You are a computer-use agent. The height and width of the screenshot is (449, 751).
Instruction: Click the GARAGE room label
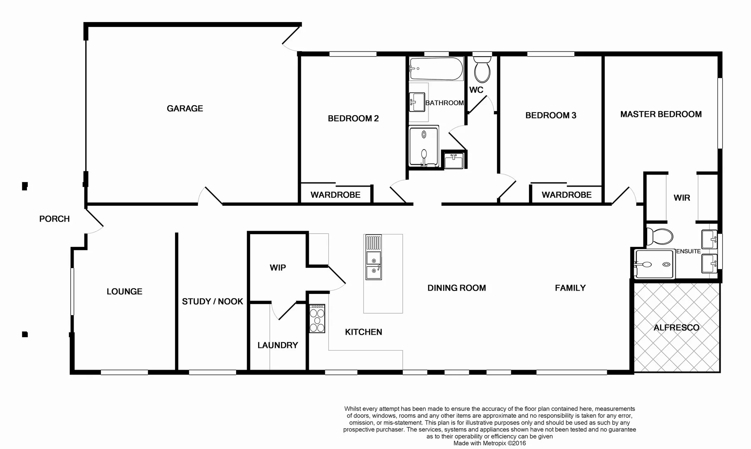point(185,109)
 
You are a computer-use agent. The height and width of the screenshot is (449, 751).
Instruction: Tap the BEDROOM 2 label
point(353,118)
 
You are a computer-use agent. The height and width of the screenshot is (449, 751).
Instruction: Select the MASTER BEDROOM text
point(661,114)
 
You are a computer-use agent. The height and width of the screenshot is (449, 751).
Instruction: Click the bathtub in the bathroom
point(436,69)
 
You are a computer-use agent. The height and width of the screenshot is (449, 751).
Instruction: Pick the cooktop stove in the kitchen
point(317,318)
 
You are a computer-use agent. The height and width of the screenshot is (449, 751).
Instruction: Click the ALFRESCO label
point(676,328)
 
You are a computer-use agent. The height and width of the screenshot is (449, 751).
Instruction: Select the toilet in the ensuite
point(660,237)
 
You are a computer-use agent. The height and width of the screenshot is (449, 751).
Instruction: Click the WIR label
point(682,198)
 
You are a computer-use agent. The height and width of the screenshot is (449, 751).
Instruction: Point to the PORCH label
point(54,219)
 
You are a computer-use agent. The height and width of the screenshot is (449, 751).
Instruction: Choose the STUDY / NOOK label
point(212,301)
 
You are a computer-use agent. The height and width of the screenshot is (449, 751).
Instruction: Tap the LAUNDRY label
point(278,345)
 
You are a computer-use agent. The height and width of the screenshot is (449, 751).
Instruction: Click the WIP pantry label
point(278,268)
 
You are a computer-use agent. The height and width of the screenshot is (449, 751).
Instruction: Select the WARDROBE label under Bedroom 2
point(335,195)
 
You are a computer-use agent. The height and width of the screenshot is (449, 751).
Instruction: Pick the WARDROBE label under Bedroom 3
point(566,195)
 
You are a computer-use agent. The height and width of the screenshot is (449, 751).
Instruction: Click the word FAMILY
point(570,288)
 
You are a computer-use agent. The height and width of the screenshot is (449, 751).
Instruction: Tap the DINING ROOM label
point(457,288)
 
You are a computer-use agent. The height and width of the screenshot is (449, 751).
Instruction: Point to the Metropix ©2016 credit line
point(490,443)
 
